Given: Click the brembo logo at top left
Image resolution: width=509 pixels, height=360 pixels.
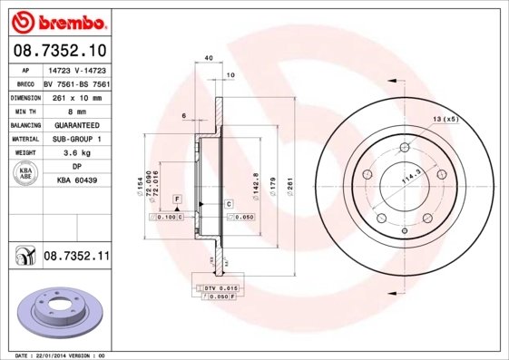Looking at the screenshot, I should click(56, 21).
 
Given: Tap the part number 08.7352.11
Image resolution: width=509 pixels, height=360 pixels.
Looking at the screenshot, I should click(76, 258).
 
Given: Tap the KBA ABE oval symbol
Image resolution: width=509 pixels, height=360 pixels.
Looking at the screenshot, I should click(26, 174).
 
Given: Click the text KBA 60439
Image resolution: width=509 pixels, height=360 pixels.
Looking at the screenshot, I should click(76, 181).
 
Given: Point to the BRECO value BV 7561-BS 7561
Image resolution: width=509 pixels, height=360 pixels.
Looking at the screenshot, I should click(76, 83).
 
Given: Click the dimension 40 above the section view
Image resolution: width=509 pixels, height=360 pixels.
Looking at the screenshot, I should click(209, 58).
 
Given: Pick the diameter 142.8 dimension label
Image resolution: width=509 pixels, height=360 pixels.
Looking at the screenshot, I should click(257, 182).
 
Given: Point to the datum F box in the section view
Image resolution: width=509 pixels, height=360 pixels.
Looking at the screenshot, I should click(178, 198).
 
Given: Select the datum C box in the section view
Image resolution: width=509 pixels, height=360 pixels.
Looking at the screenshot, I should click(229, 204).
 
